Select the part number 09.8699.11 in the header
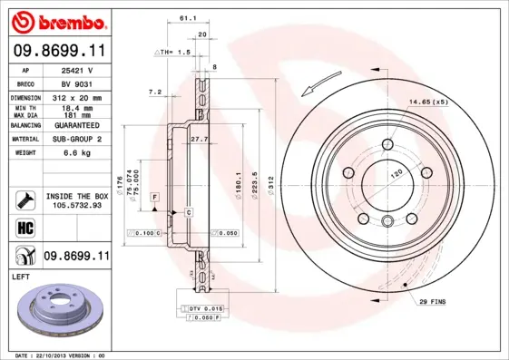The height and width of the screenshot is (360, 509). coord(59,53)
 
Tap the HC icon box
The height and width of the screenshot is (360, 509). coord(25,225)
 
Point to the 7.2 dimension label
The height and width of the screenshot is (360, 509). coord(154,92)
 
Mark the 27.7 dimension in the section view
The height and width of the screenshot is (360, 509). coord(200,139)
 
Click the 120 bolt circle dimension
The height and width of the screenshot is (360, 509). coord(396,170)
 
